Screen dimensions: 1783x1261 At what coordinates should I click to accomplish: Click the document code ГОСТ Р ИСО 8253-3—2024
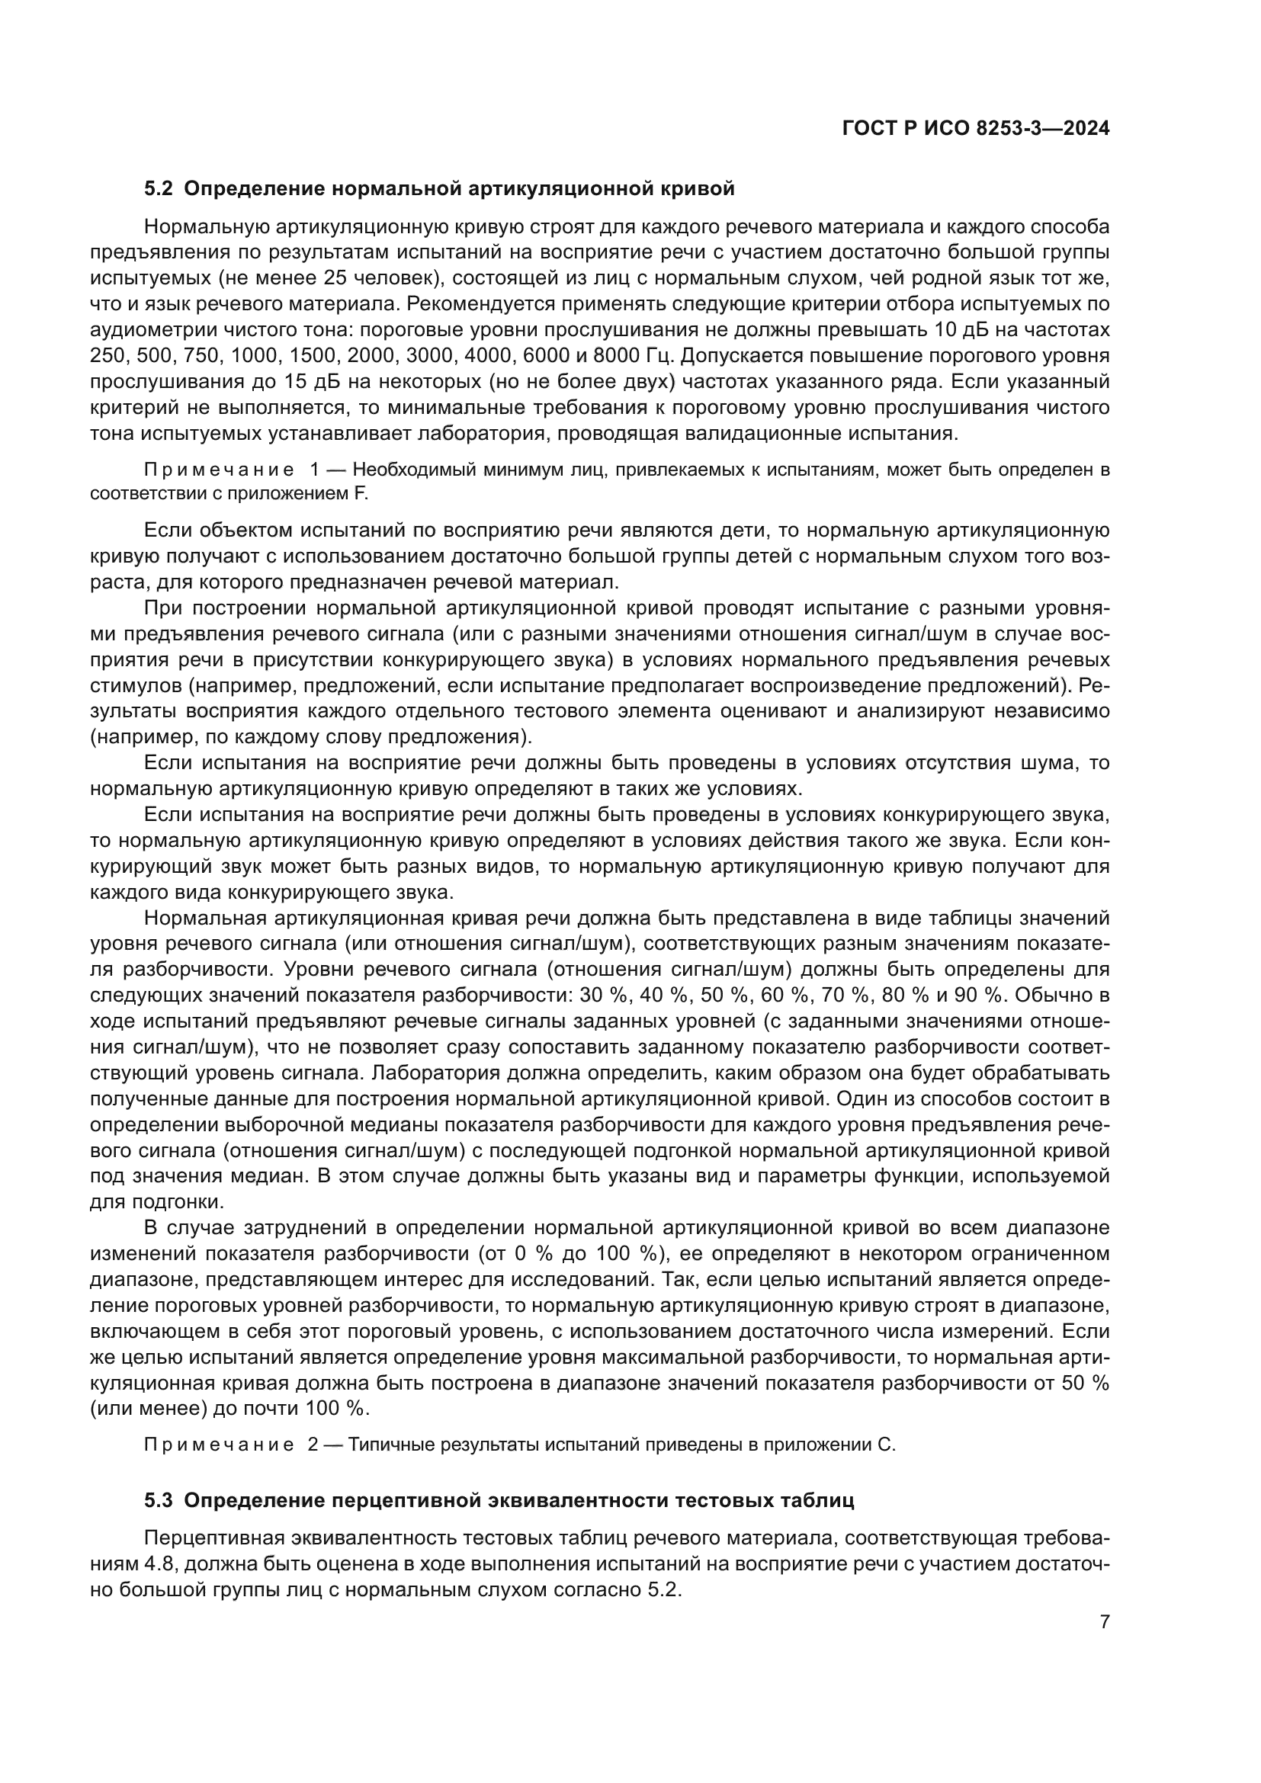point(975,129)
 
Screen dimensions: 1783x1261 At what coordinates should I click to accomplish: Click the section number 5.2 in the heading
point(159,189)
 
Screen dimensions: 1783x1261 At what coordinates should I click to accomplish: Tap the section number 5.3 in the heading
point(159,1499)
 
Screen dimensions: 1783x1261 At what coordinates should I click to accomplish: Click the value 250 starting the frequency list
point(107,357)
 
